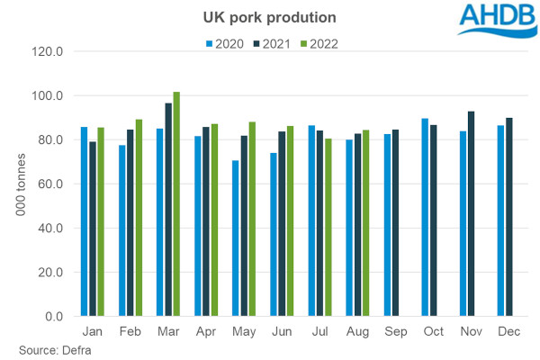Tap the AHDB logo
click(496, 20)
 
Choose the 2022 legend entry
click(321, 42)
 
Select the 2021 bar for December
click(510, 217)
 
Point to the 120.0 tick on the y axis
click(47, 51)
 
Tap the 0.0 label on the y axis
click(53, 317)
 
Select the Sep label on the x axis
click(396, 330)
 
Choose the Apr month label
click(206, 330)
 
